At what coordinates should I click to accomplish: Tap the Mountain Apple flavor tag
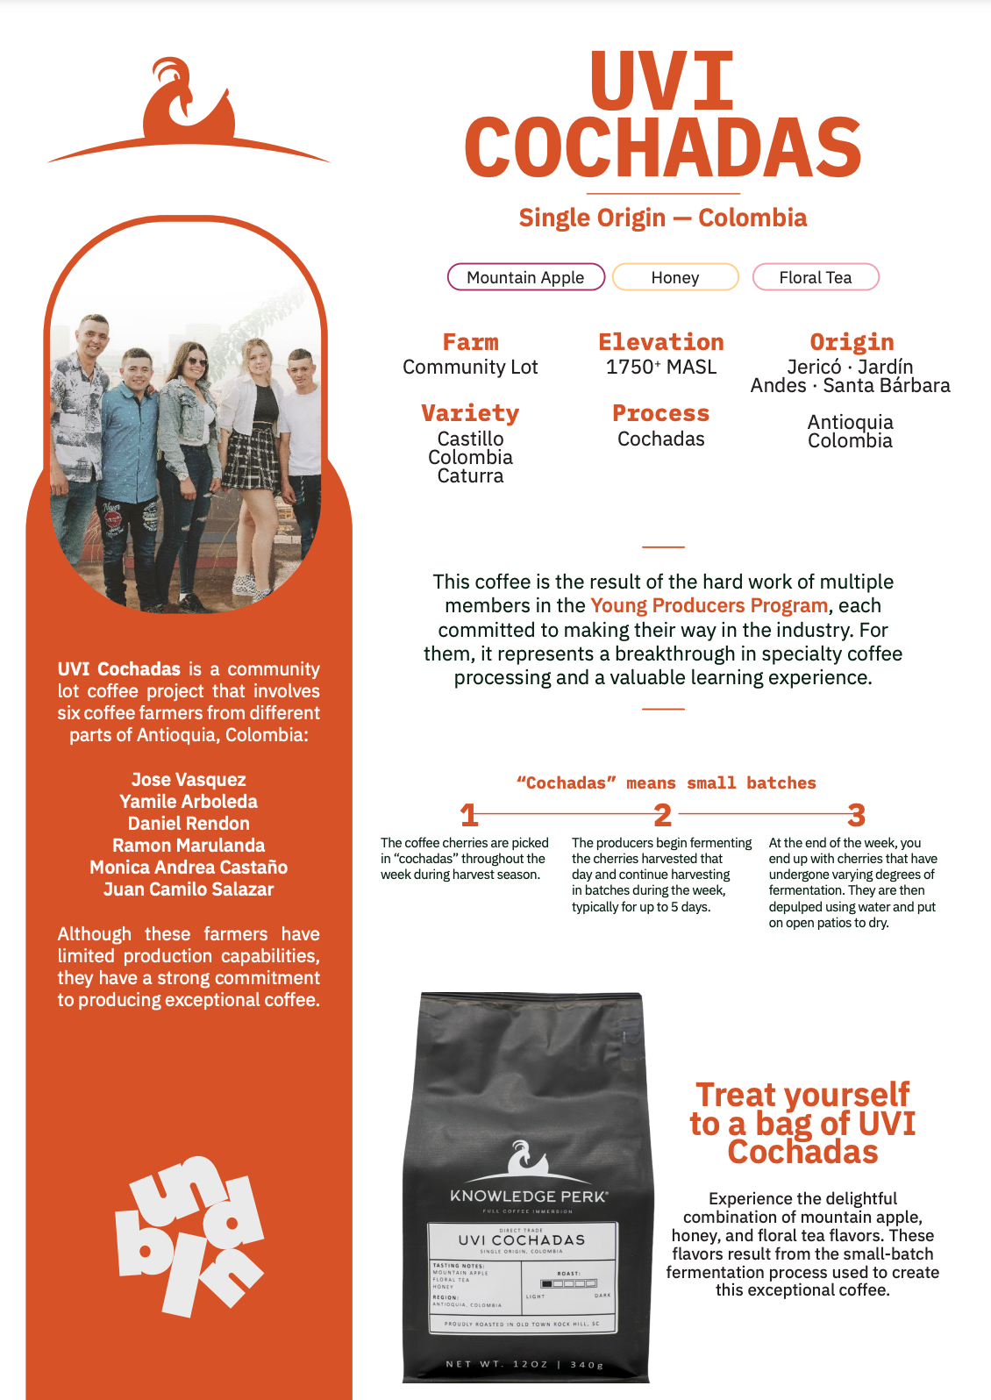point(526,277)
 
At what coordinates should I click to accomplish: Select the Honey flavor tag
point(675,277)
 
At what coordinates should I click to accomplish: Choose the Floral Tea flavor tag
point(816,277)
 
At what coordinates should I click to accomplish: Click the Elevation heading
point(661,342)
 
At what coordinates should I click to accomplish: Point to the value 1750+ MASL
point(661,367)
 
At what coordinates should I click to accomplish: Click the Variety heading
point(470,413)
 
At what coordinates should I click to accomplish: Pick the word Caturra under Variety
point(470,476)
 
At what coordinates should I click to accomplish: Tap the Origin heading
point(852,342)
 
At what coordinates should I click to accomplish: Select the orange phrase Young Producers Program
point(709,606)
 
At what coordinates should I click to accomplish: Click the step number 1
point(469,816)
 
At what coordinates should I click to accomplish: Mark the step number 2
point(663,816)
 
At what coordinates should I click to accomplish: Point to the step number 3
point(857,816)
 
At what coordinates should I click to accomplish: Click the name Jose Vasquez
point(189,780)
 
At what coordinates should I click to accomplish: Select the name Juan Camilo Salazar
point(189,889)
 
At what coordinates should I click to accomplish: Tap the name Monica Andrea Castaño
point(189,868)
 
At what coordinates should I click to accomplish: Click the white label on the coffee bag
point(524,1277)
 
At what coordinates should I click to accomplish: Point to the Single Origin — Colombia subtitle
point(663,218)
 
